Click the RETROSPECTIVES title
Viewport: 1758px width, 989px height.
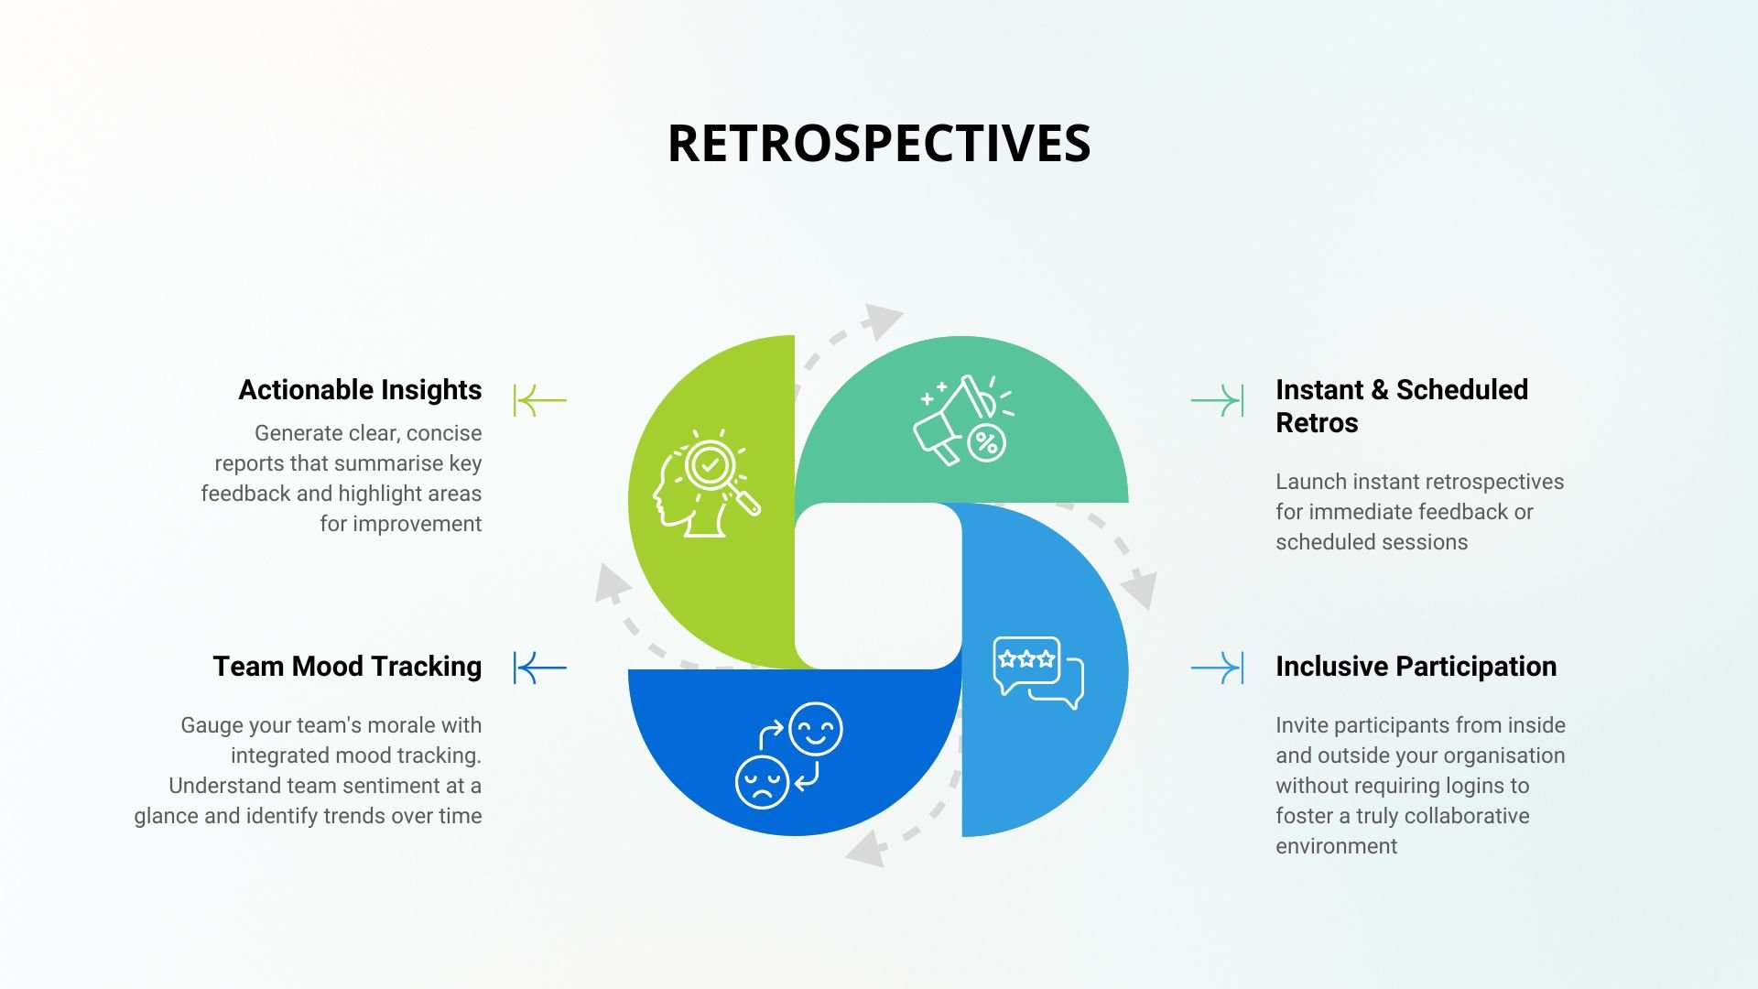coord(879,144)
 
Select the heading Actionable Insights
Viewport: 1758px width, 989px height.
coord(360,390)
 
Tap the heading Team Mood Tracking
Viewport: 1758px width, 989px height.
coord(347,667)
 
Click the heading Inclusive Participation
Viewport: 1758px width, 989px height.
coord(1416,667)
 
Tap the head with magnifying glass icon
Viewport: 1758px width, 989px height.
coord(706,484)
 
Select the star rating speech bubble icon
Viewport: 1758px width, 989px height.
coord(1038,672)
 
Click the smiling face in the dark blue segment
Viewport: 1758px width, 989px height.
coord(815,729)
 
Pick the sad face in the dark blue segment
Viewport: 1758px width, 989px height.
coord(762,782)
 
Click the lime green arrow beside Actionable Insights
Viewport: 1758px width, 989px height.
coord(540,400)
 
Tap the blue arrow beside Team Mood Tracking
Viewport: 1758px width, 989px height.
coord(540,668)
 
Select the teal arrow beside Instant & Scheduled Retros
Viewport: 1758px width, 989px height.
coord(1217,400)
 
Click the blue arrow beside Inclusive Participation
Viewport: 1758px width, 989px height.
coord(1217,668)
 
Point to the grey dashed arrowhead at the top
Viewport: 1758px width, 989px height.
coord(882,321)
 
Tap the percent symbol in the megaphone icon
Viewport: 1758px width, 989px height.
coord(986,443)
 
